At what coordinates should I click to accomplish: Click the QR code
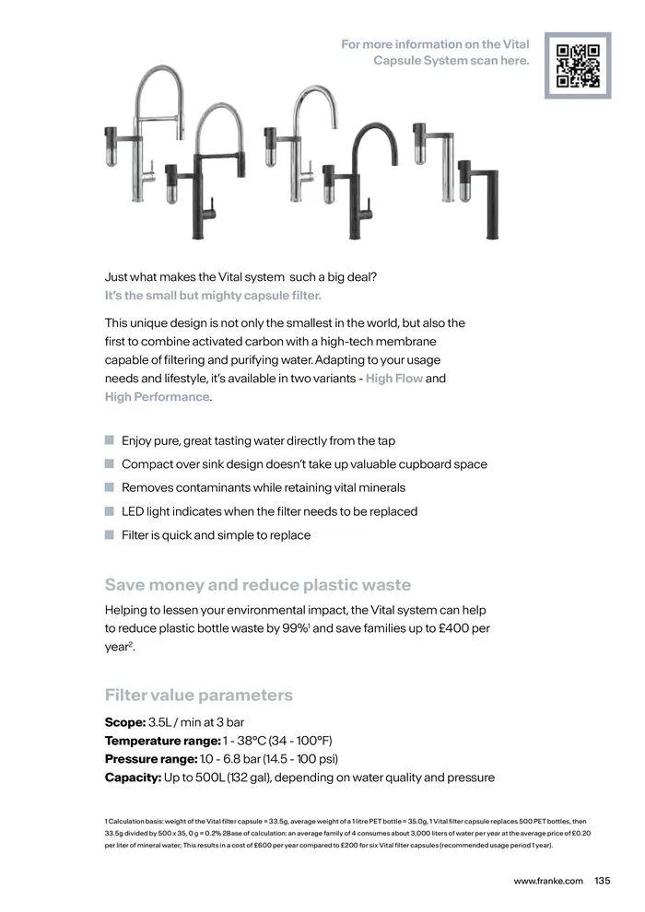pyautogui.click(x=578, y=65)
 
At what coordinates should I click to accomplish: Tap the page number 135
pyautogui.click(x=604, y=881)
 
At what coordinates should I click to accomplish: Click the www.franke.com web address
pyautogui.click(x=548, y=881)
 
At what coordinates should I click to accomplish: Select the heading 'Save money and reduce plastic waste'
pyautogui.click(x=258, y=585)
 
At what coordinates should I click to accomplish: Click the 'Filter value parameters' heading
pyautogui.click(x=199, y=695)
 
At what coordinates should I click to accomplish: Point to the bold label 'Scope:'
pyautogui.click(x=125, y=721)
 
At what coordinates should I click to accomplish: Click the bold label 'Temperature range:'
pyautogui.click(x=162, y=741)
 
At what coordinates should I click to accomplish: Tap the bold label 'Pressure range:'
pyautogui.click(x=151, y=759)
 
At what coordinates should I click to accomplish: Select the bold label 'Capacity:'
pyautogui.click(x=133, y=778)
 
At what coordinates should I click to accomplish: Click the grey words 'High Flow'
pyautogui.click(x=394, y=379)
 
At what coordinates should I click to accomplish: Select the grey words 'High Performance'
pyautogui.click(x=157, y=397)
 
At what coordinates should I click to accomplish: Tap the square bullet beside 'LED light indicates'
pyautogui.click(x=110, y=511)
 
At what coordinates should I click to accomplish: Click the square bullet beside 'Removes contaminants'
pyautogui.click(x=110, y=487)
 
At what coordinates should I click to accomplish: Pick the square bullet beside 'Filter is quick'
pyautogui.click(x=110, y=535)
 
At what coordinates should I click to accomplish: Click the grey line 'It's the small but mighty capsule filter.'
pyautogui.click(x=213, y=296)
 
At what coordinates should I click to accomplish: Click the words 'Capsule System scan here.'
pyautogui.click(x=451, y=61)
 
